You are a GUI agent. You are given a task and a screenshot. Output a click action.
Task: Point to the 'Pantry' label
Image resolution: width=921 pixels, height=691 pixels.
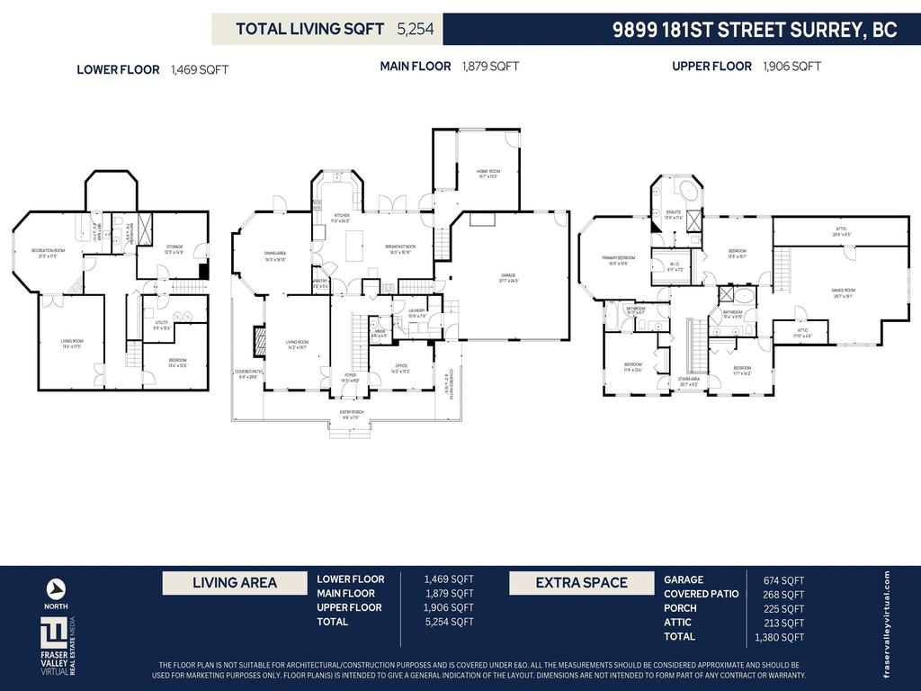pyautogui.click(x=320, y=284)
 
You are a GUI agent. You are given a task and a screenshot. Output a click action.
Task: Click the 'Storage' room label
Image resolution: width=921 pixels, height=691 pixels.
pyautogui.click(x=174, y=249)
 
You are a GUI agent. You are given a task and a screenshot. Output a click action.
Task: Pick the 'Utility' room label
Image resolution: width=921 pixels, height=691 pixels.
pyautogui.click(x=161, y=325)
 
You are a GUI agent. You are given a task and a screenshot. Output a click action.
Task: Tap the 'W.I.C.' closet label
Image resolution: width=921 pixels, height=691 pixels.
pyautogui.click(x=675, y=267)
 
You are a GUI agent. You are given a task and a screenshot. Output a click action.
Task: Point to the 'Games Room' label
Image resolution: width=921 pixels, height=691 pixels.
pyautogui.click(x=842, y=292)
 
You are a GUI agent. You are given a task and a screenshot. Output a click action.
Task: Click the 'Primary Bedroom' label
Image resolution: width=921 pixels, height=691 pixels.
pyautogui.click(x=618, y=260)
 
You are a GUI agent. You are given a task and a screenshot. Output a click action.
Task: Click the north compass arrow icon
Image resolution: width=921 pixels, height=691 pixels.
pyautogui.click(x=56, y=588)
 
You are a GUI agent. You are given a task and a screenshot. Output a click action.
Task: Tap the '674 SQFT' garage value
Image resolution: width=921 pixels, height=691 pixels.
pyautogui.click(x=780, y=580)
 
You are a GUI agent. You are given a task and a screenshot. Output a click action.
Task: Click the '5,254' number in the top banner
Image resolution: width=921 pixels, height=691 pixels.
pyautogui.click(x=416, y=29)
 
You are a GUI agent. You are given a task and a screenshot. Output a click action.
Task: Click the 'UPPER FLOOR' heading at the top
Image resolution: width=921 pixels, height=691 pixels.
pyautogui.click(x=711, y=67)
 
